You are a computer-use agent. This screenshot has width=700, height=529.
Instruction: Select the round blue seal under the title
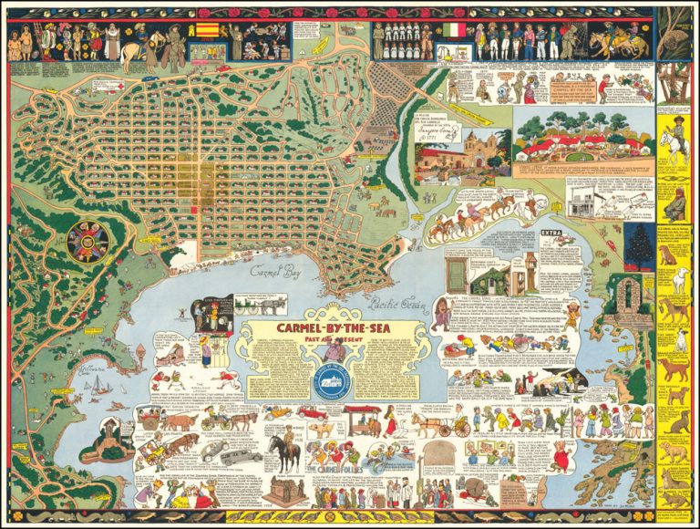tap(330, 384)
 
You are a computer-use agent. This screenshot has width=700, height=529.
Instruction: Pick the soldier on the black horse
tap(283, 451)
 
